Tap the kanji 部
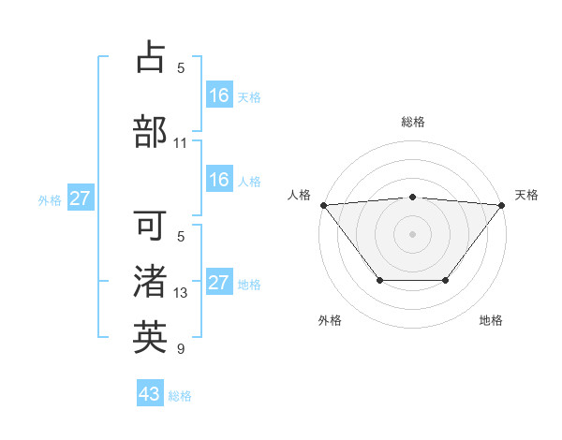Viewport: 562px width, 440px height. [150, 131]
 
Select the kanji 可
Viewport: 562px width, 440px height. [150, 226]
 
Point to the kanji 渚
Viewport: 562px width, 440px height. [150, 282]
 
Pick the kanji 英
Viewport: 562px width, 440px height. [150, 338]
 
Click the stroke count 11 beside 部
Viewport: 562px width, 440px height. [181, 143]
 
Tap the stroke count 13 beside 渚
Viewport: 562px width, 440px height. [181, 293]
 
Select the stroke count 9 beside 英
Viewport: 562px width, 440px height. [181, 349]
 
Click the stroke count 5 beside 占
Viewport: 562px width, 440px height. [181, 68]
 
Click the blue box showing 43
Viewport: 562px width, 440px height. [150, 394]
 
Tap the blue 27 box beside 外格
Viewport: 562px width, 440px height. [80, 198]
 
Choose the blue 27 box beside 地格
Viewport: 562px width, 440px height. [219, 283]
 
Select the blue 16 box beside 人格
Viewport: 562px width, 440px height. [219, 180]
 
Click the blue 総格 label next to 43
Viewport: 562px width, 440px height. [180, 396]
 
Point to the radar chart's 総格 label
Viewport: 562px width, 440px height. [412, 122]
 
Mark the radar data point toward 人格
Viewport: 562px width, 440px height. [323, 205]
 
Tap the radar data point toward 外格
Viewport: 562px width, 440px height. [379, 280]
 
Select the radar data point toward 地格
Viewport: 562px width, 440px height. [446, 280]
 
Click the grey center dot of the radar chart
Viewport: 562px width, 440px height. [412, 234]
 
